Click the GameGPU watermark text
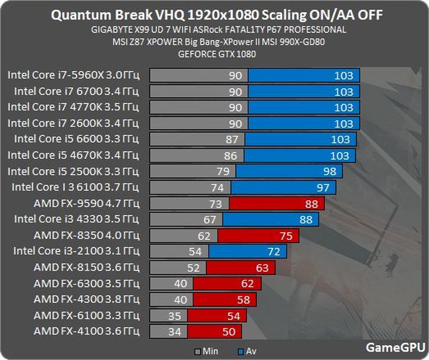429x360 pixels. click(392, 347)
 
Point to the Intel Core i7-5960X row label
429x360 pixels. click(74, 75)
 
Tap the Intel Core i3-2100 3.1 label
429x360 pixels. click(77, 251)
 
